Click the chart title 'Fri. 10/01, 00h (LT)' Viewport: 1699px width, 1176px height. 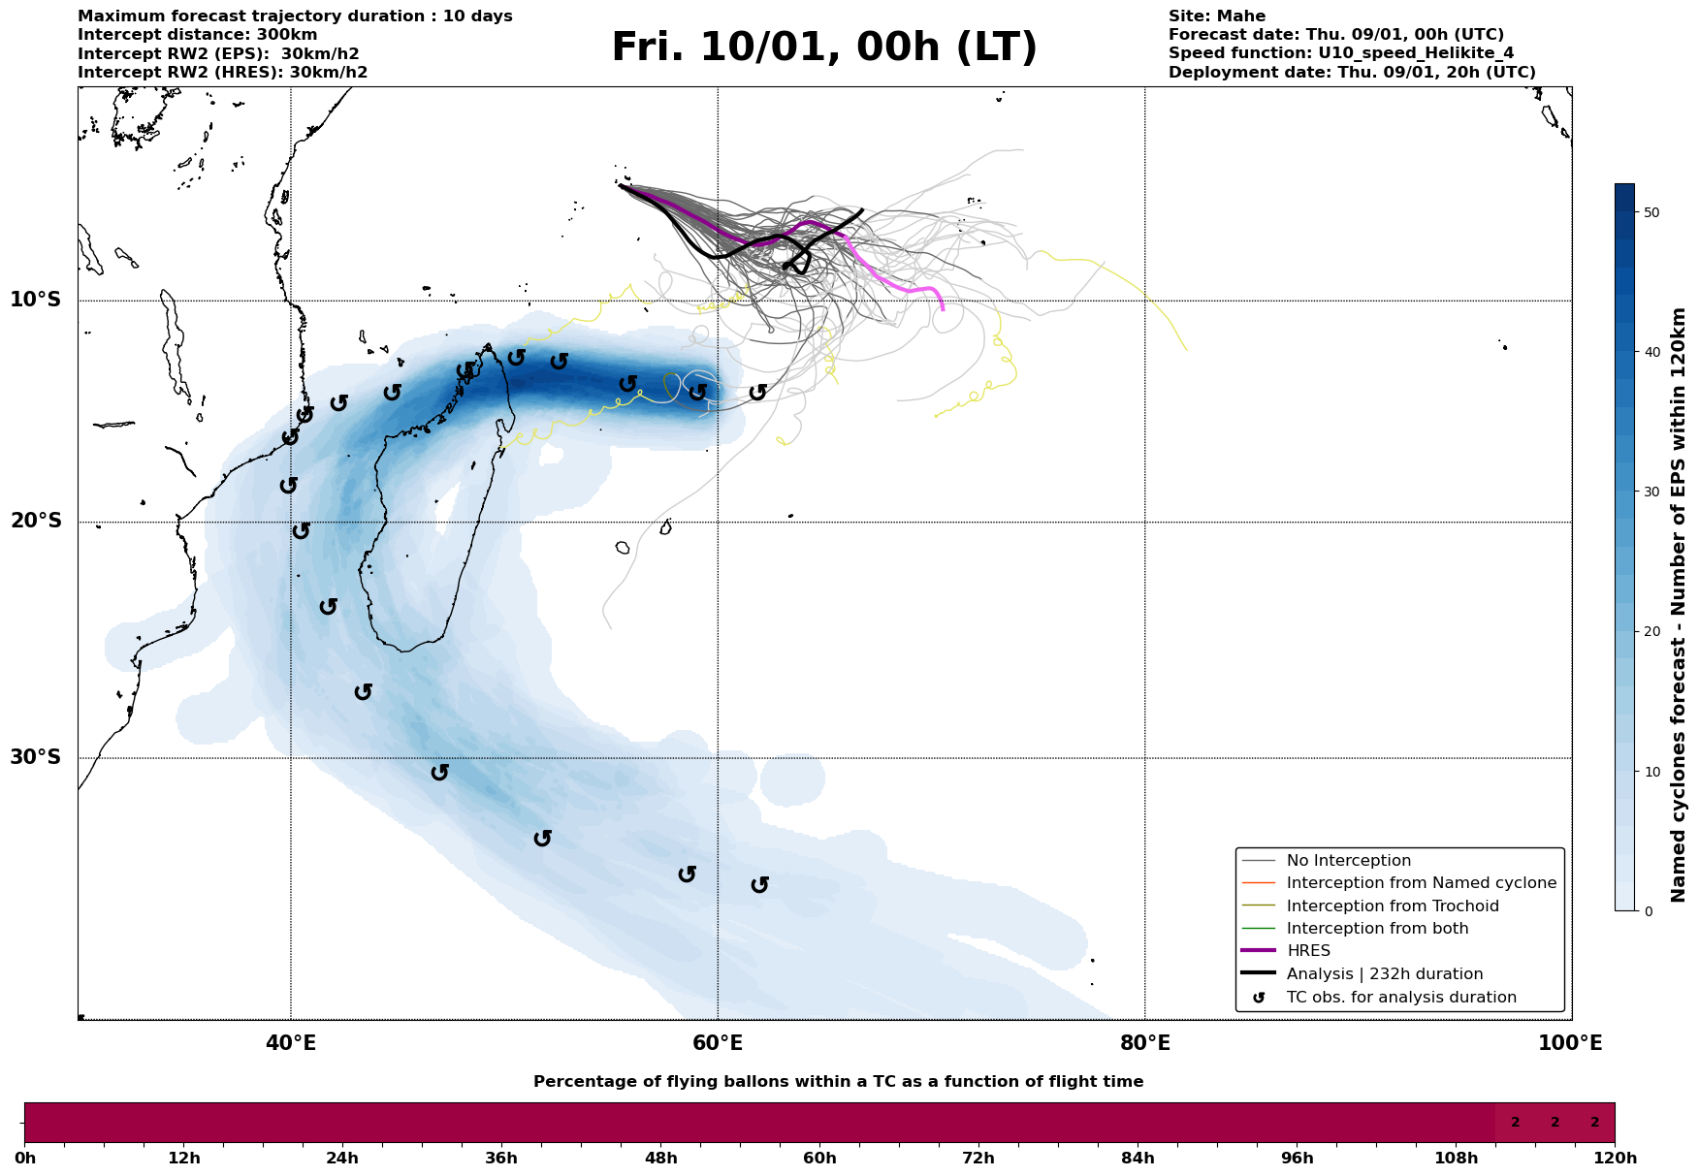(824, 48)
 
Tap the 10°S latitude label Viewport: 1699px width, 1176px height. (35, 300)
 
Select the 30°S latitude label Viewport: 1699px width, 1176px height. (35, 757)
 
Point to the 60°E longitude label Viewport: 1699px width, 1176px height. (718, 1043)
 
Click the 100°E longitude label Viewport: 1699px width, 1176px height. (1570, 1043)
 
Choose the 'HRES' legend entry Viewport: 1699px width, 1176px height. (1308, 951)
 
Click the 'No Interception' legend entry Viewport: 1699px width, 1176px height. (1348, 861)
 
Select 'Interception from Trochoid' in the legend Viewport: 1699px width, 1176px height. (1392, 906)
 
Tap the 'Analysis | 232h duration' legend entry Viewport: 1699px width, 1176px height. (1384, 974)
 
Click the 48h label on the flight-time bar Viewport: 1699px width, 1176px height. (660, 1159)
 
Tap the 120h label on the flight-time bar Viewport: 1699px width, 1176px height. (1615, 1159)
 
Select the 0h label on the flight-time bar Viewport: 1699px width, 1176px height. (25, 1159)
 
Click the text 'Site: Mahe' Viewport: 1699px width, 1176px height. (1216, 16)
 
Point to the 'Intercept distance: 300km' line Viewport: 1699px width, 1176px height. (197, 35)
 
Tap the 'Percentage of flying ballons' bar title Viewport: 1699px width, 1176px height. (838, 1082)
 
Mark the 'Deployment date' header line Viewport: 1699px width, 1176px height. (1351, 73)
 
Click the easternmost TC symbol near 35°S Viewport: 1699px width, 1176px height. (760, 884)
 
